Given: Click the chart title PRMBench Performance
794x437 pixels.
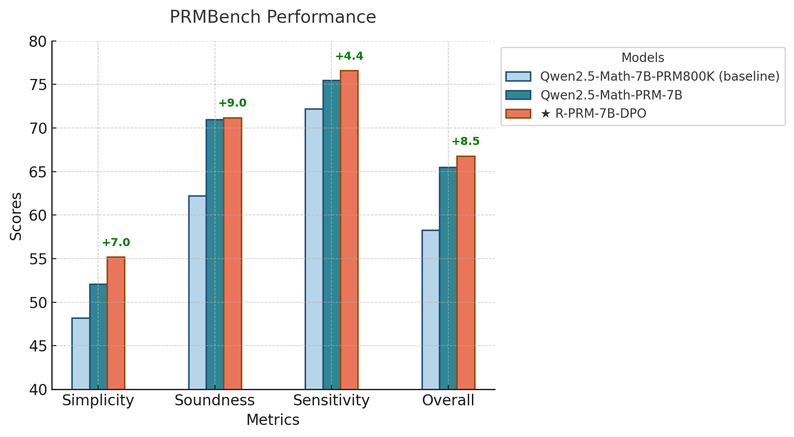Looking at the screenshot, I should (273, 17).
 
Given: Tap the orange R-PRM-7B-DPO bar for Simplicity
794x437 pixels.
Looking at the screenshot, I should (116, 323).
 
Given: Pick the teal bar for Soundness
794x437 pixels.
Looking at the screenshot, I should (215, 254).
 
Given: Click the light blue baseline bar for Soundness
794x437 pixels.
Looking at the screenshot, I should (197, 292).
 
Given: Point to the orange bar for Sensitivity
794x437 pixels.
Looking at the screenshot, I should (349, 230).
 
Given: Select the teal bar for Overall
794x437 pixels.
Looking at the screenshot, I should (448, 278).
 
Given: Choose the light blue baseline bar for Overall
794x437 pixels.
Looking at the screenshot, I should (430, 309).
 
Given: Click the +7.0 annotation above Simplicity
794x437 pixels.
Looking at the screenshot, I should (116, 243).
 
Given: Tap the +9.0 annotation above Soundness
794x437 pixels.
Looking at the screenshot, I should (232, 103).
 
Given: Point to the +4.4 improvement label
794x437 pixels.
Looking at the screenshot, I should (349, 57).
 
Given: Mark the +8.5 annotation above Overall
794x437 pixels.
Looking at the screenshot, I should (466, 142).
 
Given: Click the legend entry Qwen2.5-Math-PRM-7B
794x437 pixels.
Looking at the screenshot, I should (611, 95).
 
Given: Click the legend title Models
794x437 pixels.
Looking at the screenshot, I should (642, 58).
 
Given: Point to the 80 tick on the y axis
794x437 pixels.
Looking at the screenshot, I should (38, 42).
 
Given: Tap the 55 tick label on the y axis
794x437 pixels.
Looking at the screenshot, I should (38, 259).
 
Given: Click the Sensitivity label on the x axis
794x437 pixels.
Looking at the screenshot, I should (331, 400).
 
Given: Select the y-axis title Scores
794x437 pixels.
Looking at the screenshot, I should (16, 216).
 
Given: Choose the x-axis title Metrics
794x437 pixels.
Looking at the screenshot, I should (273, 420).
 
